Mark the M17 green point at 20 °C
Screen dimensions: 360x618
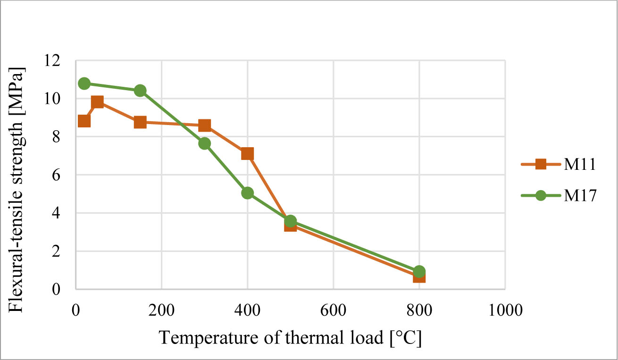pyautogui.click(x=84, y=84)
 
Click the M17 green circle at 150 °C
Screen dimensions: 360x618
pyautogui.click(x=140, y=91)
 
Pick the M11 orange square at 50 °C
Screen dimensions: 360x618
pyautogui.click(x=97, y=102)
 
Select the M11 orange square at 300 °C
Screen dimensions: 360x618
pyautogui.click(x=204, y=126)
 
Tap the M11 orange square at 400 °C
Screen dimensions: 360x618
pyautogui.click(x=247, y=154)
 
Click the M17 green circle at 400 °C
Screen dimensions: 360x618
pyautogui.click(x=247, y=193)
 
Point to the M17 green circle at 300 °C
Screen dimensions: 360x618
pyautogui.click(x=204, y=143)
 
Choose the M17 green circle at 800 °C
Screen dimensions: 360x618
pyautogui.click(x=419, y=271)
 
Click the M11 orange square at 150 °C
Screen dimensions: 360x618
pyautogui.click(x=140, y=122)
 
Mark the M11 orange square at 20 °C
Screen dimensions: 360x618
pyautogui.click(x=84, y=121)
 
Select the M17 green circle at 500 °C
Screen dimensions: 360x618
pyautogui.click(x=290, y=221)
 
